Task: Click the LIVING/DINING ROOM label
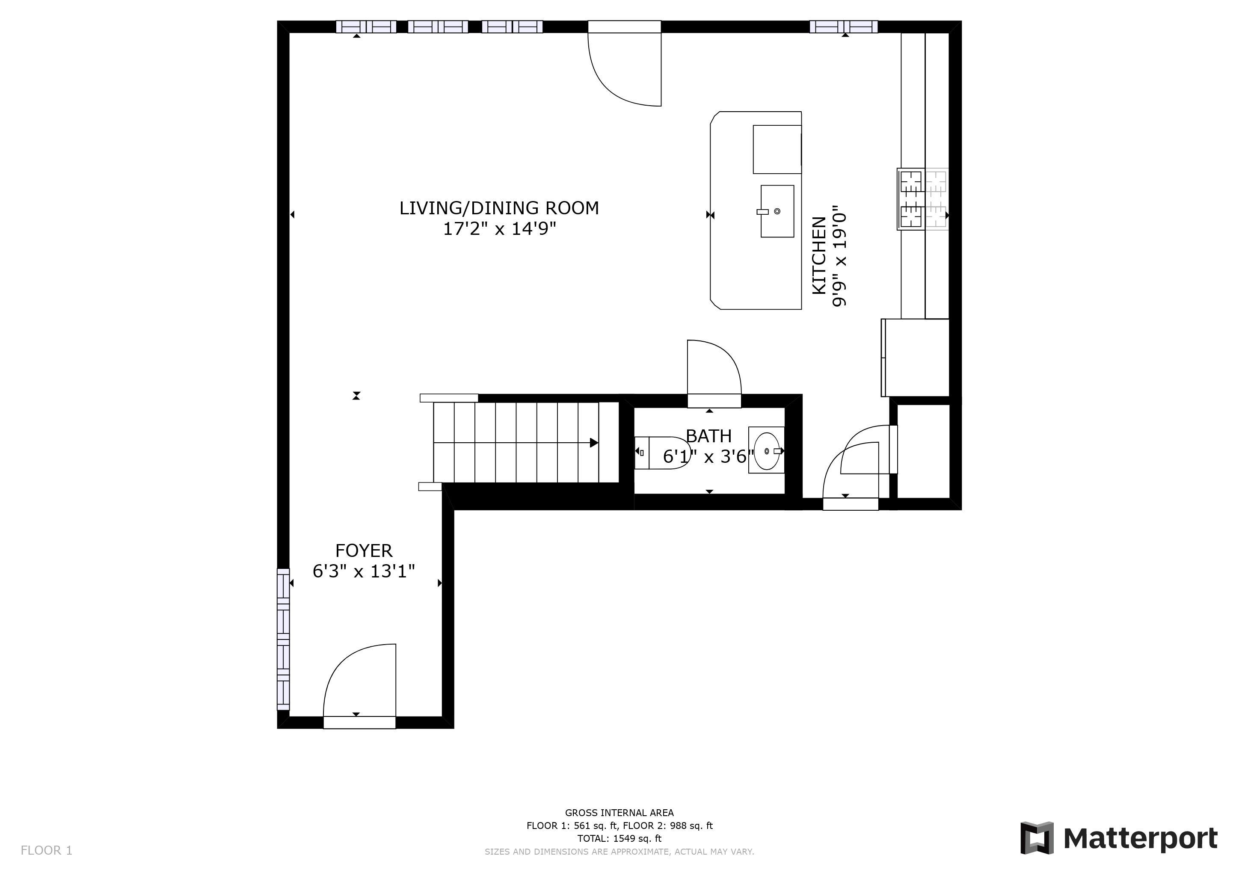[x=499, y=208]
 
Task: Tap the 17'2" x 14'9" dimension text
[x=499, y=229]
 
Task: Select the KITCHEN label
[x=818, y=256]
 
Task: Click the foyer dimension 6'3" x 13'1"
[x=364, y=571]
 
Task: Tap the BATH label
[x=708, y=436]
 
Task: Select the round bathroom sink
[x=766, y=450]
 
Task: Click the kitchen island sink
[x=777, y=211]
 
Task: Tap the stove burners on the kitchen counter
[x=923, y=199]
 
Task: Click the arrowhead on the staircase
[x=594, y=443]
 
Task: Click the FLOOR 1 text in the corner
[x=46, y=851]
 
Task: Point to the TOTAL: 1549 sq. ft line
[x=619, y=838]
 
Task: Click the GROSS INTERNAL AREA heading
[x=619, y=812]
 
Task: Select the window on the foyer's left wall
[x=283, y=639]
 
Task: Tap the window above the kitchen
[x=843, y=27]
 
